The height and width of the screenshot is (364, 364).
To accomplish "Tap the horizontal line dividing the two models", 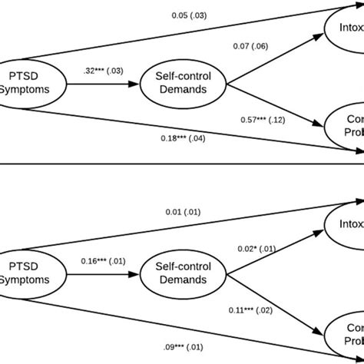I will [182, 163].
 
